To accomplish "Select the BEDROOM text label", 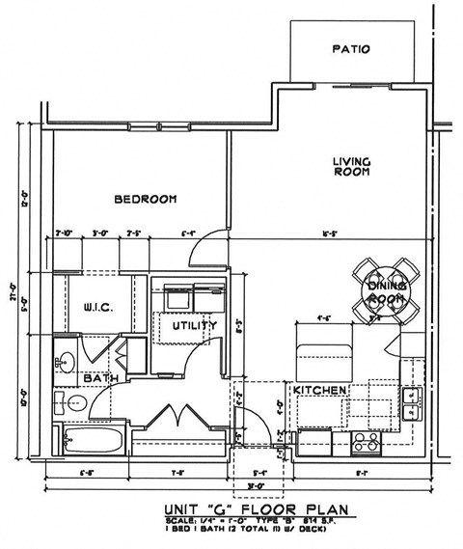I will [x=146, y=199].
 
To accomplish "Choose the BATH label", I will [x=100, y=379].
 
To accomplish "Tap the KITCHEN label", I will [x=319, y=390].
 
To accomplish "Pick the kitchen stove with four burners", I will [x=366, y=442].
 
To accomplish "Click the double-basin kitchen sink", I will [x=412, y=400].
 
